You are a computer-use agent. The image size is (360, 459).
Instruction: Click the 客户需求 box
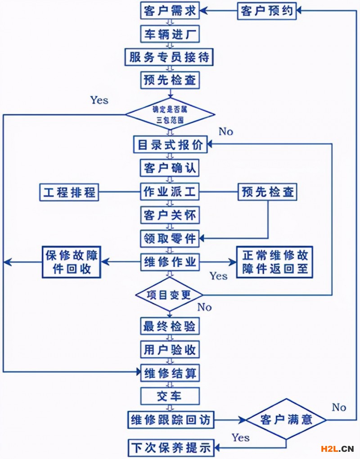(x=170, y=11)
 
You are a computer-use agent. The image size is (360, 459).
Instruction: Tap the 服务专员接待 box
(x=170, y=57)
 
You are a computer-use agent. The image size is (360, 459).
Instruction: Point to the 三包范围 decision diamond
(x=170, y=114)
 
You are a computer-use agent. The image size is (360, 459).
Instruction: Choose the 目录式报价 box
(x=170, y=145)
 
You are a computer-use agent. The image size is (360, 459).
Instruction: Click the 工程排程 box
(x=69, y=192)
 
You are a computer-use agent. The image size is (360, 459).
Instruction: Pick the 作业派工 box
(x=170, y=192)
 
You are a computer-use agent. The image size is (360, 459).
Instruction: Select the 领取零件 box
(x=170, y=238)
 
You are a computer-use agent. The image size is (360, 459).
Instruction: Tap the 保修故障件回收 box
(x=71, y=262)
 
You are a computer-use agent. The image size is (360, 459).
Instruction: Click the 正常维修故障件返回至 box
(x=274, y=262)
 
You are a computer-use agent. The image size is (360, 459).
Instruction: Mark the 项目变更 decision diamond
(x=169, y=295)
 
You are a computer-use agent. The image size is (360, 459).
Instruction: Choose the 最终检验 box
(x=170, y=327)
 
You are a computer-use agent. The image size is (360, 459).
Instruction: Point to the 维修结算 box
(x=170, y=373)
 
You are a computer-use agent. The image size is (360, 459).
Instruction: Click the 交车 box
(x=170, y=396)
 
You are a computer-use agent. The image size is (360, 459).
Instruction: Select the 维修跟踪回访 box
(x=170, y=420)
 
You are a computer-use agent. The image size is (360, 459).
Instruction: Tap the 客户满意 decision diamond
(x=286, y=420)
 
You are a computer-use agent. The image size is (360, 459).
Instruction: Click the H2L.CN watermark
(x=337, y=449)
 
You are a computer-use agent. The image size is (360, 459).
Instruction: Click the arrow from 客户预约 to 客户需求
(x=218, y=11)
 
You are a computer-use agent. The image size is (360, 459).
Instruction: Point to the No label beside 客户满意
(x=338, y=407)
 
